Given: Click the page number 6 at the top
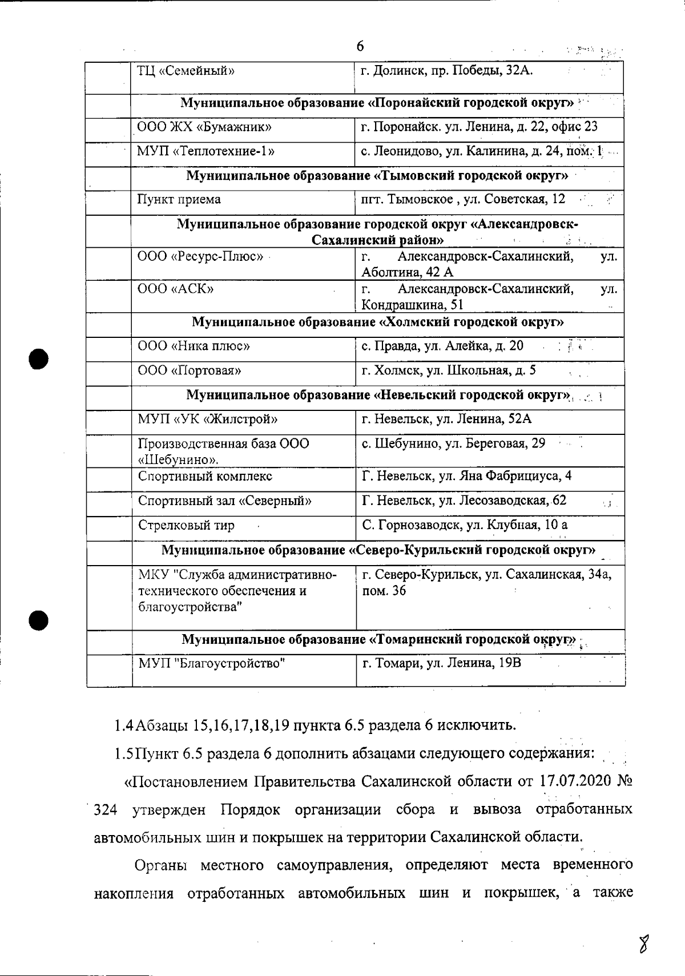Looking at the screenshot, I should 360,46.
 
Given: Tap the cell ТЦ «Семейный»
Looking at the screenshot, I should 186,71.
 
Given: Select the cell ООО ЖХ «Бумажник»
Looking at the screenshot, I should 204,127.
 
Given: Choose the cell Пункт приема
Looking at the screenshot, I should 179,199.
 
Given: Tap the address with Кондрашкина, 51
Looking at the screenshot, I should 489,297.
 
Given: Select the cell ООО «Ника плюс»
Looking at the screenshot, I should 194,346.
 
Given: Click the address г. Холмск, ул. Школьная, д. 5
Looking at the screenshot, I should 449,370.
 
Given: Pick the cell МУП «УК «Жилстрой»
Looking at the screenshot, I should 208,420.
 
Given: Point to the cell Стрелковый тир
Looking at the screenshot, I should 186,525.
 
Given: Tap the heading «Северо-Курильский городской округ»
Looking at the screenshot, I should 378,550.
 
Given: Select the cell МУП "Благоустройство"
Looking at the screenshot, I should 212,663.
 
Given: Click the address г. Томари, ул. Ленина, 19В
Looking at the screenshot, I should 441,663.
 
